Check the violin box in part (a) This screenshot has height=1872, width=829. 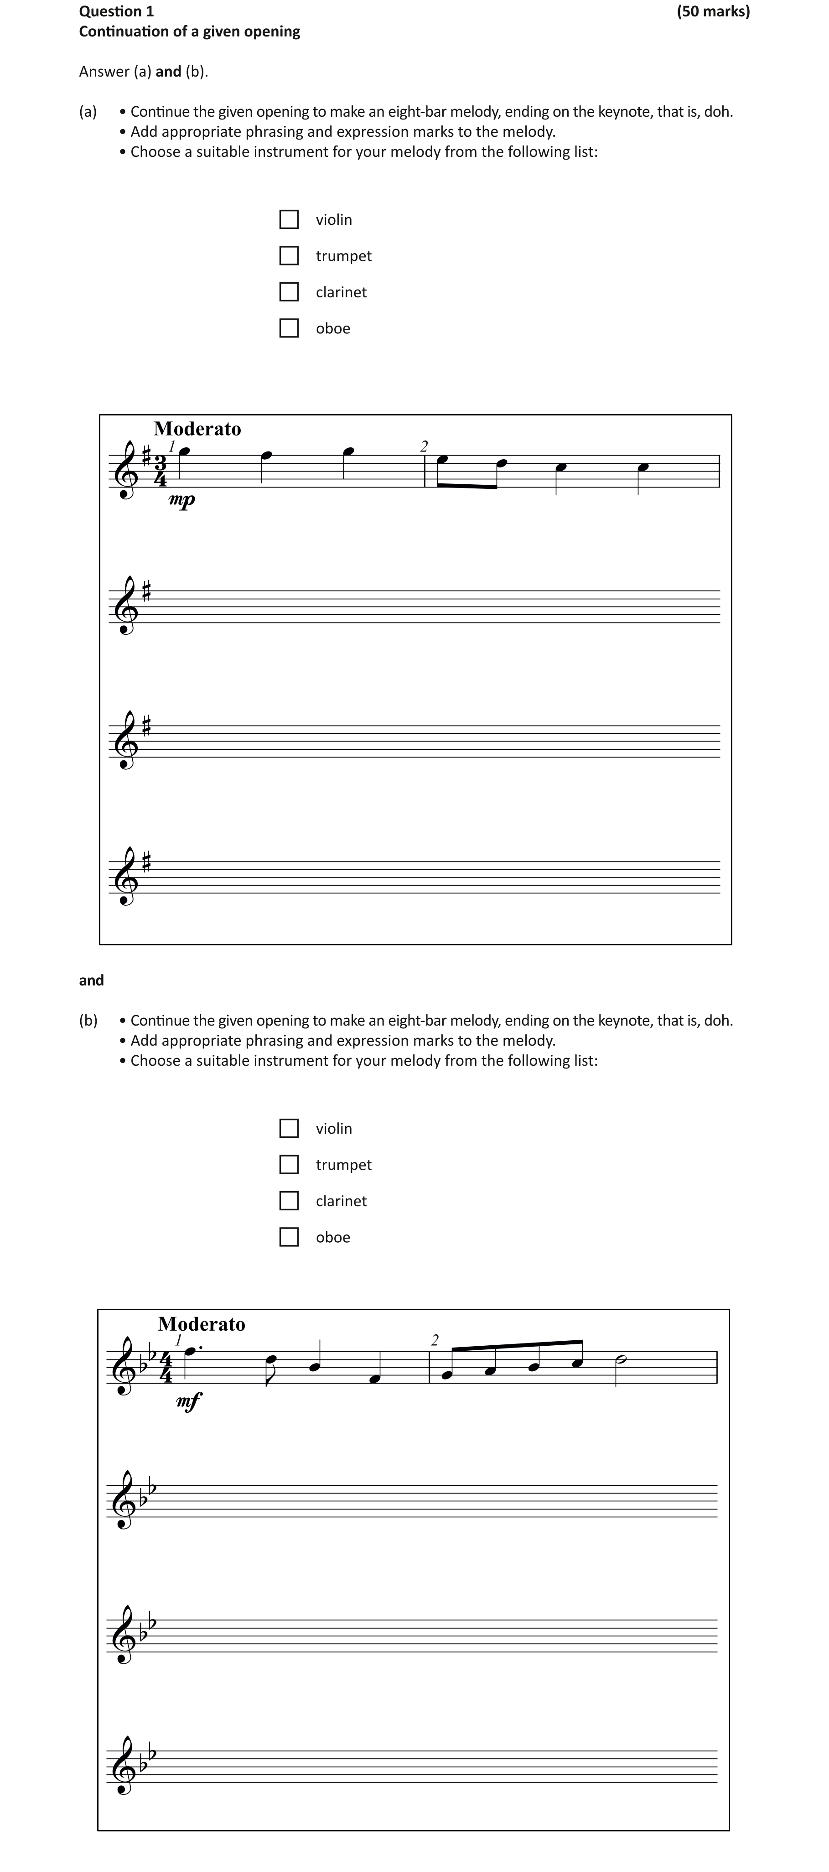tap(289, 219)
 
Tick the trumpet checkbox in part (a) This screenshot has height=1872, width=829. tap(289, 256)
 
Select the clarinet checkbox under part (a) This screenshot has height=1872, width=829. tap(289, 292)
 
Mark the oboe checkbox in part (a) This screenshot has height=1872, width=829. tap(289, 328)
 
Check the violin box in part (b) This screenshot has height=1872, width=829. tap(289, 1129)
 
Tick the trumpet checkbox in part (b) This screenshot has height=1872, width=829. tap(289, 1165)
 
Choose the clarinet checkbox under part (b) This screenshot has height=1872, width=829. tap(289, 1201)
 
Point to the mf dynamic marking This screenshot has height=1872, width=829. tap(189, 1400)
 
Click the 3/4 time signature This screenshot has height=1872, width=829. tap(160, 471)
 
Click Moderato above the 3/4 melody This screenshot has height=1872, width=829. tap(197, 429)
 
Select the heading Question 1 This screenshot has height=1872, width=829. tap(116, 11)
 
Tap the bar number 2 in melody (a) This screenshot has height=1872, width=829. tap(425, 446)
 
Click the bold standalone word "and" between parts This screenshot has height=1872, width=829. tap(92, 980)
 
